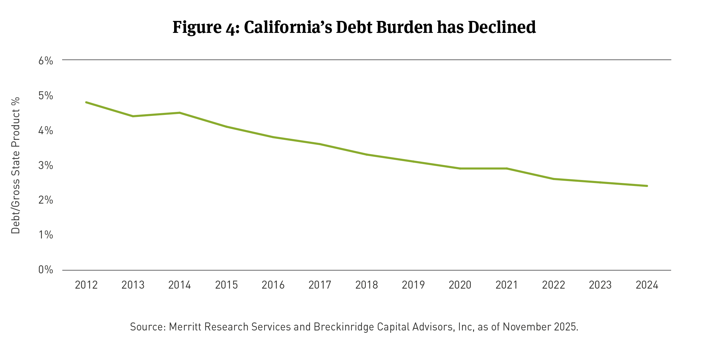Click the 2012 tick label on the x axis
[x=86, y=285]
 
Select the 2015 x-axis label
[x=226, y=285]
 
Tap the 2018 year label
[x=366, y=285]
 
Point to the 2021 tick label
[x=507, y=285]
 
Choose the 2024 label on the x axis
[x=647, y=285]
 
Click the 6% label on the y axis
[x=46, y=61]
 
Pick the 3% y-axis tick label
[x=46, y=165]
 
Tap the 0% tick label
[x=46, y=270]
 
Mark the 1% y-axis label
[x=46, y=235]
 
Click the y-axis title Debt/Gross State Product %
[x=16, y=165]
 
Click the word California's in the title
[x=288, y=27]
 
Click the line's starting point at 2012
[x=86, y=102]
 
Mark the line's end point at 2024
[x=647, y=186]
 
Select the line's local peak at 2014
[x=179, y=113]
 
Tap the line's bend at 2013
[x=133, y=116]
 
